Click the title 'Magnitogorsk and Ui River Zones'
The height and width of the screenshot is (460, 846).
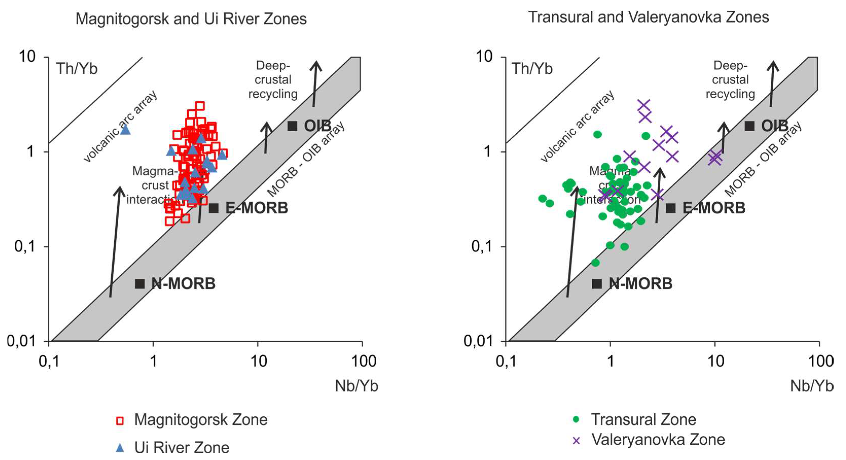coord(191,19)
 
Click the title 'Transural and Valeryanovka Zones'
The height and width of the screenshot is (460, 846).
coord(649,17)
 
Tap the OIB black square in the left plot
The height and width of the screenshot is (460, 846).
coord(292,126)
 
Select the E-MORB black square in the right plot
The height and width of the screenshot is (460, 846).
coord(671,208)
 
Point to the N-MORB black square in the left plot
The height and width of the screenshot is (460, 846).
coord(140,284)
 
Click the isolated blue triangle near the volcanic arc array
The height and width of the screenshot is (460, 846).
coord(125,130)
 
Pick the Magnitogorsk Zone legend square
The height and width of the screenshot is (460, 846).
coord(120,421)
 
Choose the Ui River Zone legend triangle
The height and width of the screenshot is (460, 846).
coord(120,448)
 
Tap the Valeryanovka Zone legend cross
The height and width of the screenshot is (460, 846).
coord(576,440)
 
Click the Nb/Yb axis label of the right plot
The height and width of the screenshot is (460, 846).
coord(812,386)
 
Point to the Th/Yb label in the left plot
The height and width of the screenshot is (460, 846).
coord(77,69)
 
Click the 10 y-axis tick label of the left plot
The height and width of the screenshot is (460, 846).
coord(27,57)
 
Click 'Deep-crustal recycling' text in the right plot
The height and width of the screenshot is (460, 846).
coord(730,80)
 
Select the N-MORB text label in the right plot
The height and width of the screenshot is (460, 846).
coord(640,284)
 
